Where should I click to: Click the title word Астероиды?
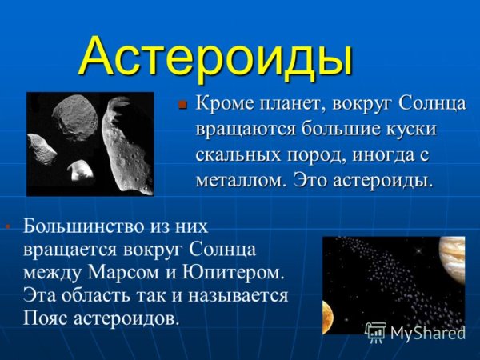(217, 56)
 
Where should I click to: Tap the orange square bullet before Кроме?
(182, 105)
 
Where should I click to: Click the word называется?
(236, 294)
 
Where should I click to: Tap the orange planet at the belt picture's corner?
(327, 315)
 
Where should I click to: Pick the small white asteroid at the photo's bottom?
(79, 169)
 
